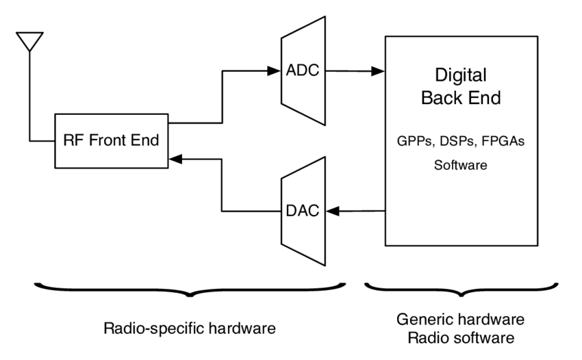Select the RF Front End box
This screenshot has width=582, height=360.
point(110,141)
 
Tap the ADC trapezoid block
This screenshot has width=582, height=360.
point(302,70)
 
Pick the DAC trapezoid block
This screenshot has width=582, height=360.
point(302,210)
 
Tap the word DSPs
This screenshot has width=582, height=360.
point(458,142)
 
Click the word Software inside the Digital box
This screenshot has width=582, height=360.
point(460,165)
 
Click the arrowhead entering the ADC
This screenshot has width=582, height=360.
point(275,70)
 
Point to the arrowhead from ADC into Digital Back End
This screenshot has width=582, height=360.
point(377,70)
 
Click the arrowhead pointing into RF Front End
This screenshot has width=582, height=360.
point(175,158)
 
